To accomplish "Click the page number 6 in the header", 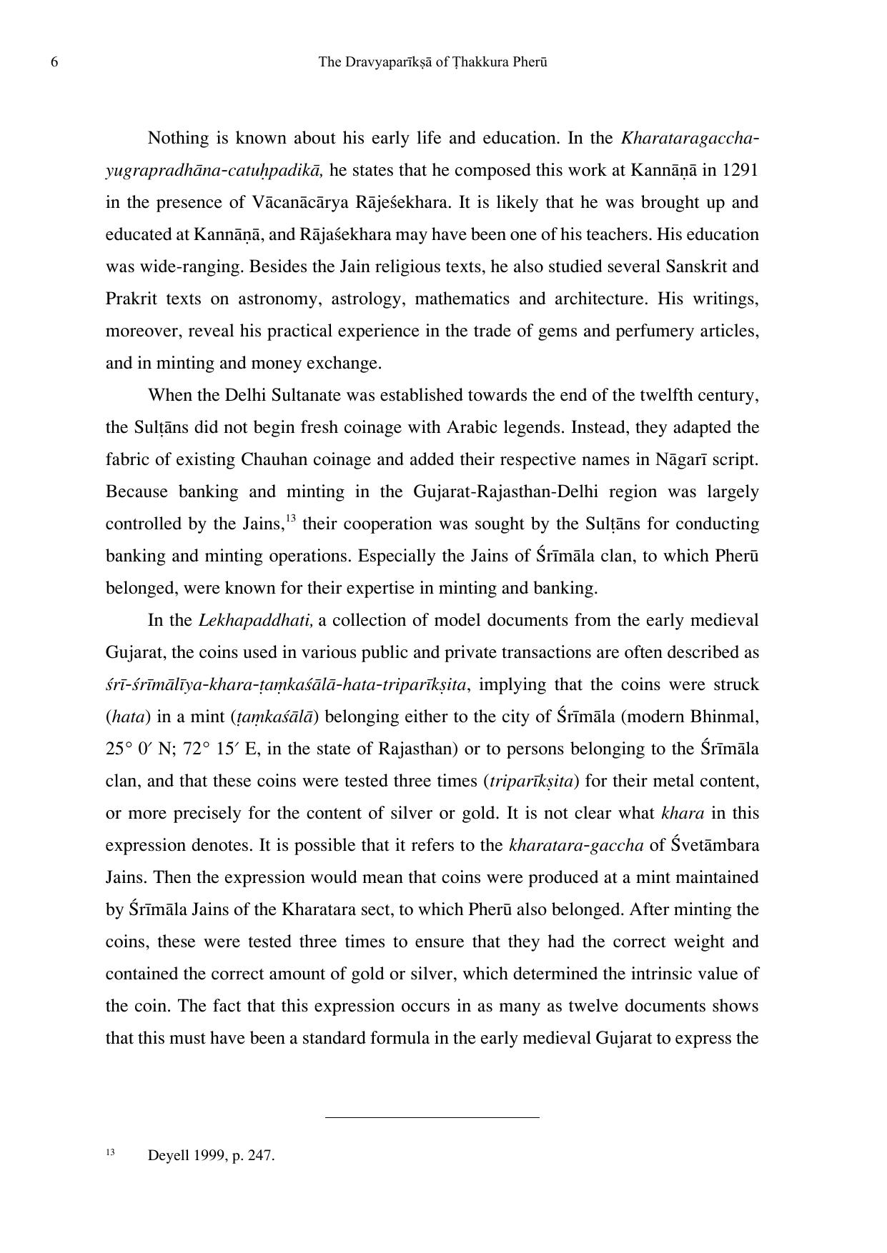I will click(x=54, y=62).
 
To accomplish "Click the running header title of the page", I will click(x=432, y=62).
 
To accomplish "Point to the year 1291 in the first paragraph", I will click(x=740, y=170).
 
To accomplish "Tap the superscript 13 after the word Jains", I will click(x=290, y=518).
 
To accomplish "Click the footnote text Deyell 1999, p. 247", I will click(x=211, y=1155).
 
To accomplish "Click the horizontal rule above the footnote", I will click(x=432, y=1117).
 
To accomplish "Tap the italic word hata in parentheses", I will click(x=125, y=717).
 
